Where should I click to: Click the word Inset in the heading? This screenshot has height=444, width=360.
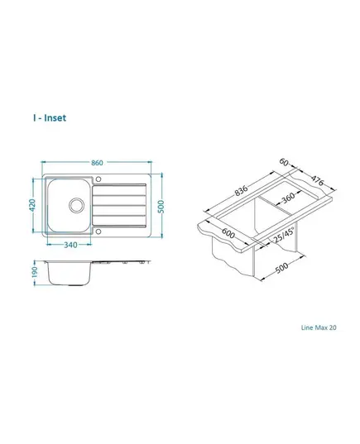point(55,117)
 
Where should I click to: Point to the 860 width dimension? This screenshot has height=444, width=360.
point(97,163)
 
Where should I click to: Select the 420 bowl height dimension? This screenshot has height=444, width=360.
point(32,205)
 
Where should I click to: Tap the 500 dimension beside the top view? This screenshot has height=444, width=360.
point(161,207)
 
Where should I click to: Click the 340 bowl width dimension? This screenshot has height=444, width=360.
point(70,245)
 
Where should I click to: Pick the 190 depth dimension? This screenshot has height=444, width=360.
point(34,272)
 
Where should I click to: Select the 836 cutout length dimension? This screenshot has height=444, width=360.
point(241,190)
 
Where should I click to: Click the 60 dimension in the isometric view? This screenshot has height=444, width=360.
point(284,162)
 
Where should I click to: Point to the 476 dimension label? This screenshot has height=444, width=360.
point(317,180)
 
